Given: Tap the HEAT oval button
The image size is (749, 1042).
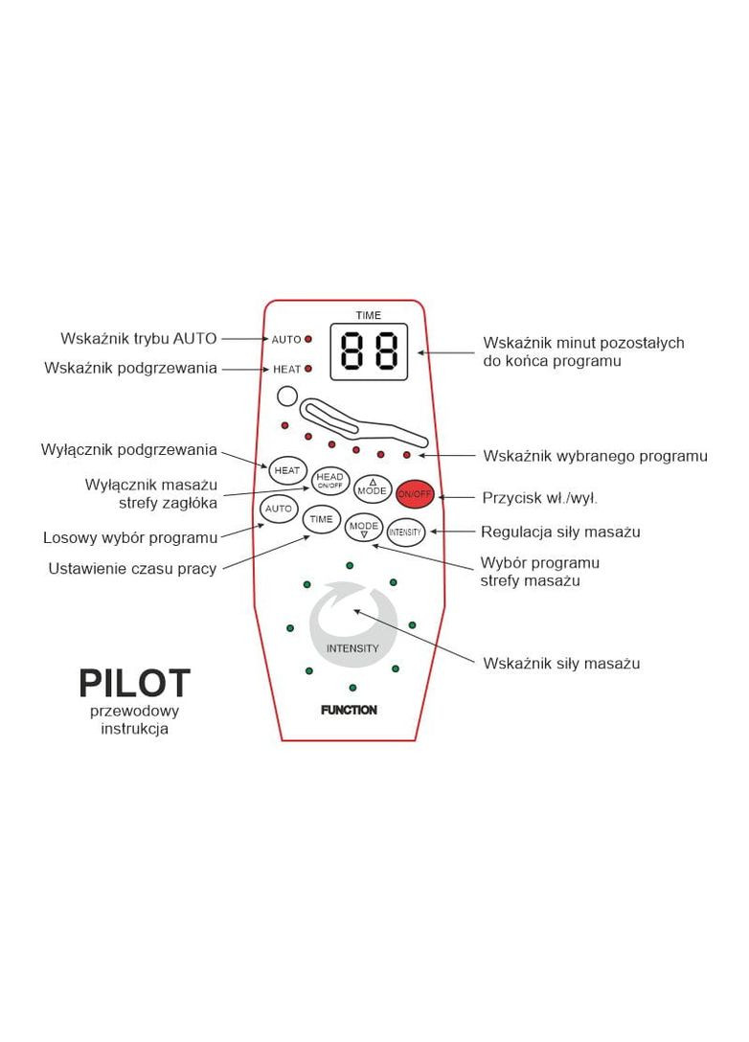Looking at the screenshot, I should pyautogui.click(x=286, y=470).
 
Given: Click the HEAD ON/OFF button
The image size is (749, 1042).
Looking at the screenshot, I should pyautogui.click(x=329, y=480).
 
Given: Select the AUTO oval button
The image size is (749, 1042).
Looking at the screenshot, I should pyautogui.click(x=278, y=509).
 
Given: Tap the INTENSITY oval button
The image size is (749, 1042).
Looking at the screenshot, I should pyautogui.click(x=405, y=531).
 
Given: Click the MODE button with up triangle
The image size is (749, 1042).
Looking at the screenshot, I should pyautogui.click(x=372, y=487).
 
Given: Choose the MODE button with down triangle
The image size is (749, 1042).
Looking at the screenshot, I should pyautogui.click(x=364, y=530).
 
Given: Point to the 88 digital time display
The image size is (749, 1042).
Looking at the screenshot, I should pyautogui.click(x=369, y=352).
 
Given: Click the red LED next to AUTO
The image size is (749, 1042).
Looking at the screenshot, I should pyautogui.click(x=308, y=339).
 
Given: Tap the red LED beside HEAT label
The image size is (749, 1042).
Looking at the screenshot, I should pyautogui.click(x=308, y=369).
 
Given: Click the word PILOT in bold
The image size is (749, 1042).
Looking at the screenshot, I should pyautogui.click(x=134, y=684).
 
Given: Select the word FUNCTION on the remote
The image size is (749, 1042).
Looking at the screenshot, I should pyautogui.click(x=349, y=711).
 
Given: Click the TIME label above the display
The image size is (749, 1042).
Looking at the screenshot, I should pyautogui.click(x=368, y=315).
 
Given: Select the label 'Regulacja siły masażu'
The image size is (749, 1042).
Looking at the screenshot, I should pyautogui.click(x=561, y=532).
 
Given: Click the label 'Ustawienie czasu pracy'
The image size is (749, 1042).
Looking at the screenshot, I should pyautogui.click(x=132, y=569).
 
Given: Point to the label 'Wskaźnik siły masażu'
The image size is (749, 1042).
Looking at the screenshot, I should pyautogui.click(x=561, y=663).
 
